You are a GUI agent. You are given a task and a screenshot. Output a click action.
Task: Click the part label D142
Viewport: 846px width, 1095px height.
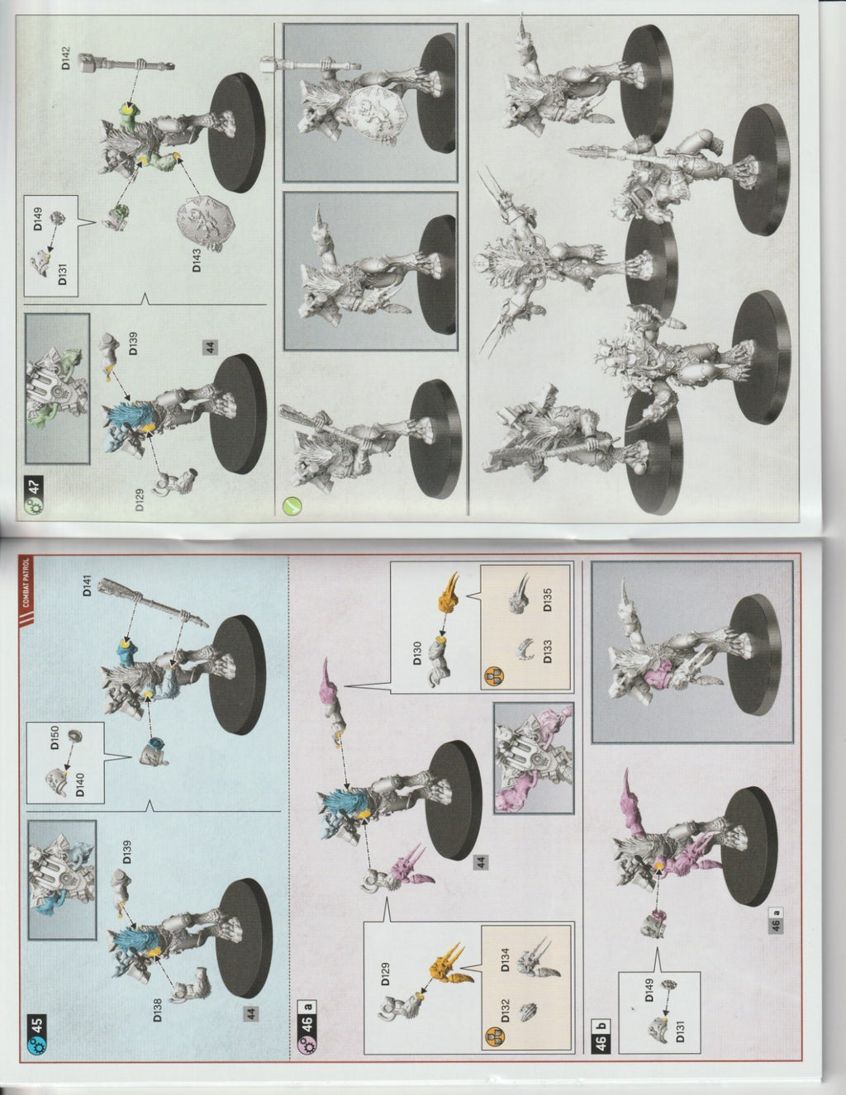pos(66,58)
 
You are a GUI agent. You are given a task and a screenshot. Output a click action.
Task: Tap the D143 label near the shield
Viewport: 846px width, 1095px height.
pos(196,260)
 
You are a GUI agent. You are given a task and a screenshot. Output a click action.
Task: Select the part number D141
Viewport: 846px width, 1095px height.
pos(88,585)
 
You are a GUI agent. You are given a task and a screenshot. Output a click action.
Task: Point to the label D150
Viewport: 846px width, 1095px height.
pos(55,737)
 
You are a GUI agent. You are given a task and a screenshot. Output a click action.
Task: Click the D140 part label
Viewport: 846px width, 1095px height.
pos(79,785)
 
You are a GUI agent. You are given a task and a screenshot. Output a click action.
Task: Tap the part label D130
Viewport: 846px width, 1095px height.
pos(416,653)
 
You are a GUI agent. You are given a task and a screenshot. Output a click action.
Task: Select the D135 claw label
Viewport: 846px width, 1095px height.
pos(547,600)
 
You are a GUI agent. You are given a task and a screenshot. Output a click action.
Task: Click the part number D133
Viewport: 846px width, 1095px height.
pos(547,652)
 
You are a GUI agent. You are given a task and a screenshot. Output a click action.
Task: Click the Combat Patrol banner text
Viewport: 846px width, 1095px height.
pos(26,583)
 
